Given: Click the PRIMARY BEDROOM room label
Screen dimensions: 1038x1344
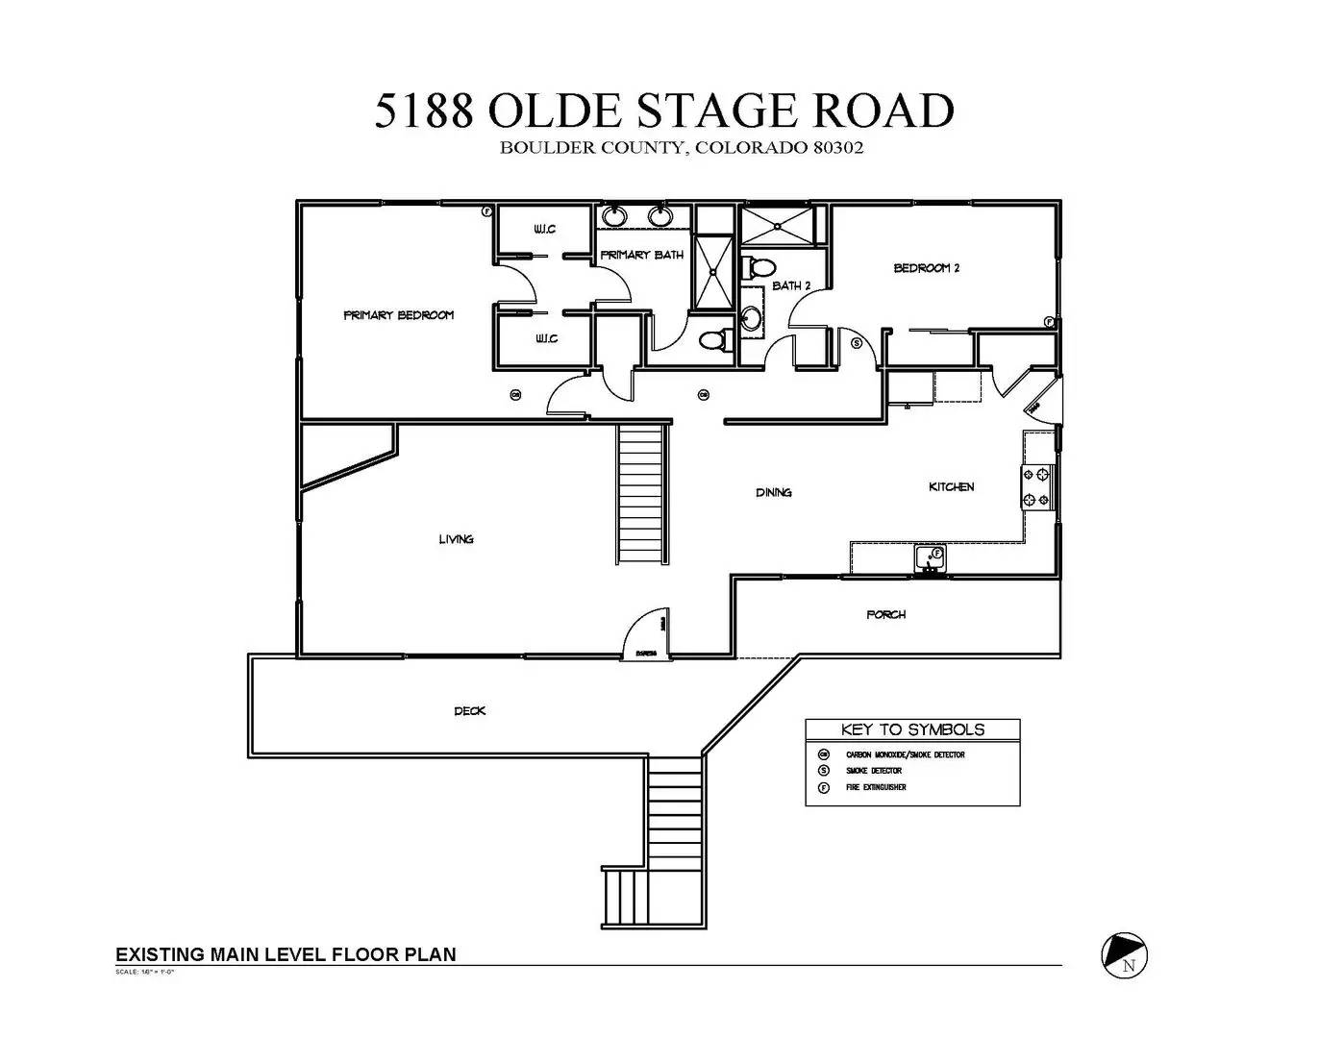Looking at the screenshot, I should (398, 315).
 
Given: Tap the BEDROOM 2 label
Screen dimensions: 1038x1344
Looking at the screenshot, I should (926, 268).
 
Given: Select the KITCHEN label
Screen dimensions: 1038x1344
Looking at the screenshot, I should (951, 487).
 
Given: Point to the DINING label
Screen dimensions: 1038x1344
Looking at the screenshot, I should (773, 493).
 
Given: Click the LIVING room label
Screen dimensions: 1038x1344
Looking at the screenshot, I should (456, 539).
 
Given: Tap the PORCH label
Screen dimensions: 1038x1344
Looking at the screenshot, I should (885, 614).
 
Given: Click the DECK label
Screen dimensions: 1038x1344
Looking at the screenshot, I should (469, 711).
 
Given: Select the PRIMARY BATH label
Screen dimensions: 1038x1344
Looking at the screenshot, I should (641, 256).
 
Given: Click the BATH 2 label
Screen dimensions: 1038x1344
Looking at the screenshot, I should (791, 286).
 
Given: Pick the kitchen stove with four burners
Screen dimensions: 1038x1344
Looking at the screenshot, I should (1037, 487).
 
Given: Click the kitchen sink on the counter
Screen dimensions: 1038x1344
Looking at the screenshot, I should (930, 556).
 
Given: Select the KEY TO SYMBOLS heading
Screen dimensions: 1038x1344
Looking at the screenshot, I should (911, 729).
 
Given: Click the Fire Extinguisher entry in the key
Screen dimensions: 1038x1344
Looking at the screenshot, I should (876, 787).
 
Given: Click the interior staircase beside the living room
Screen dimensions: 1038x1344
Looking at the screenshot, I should (640, 495).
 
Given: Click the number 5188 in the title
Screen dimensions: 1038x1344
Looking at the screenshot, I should (424, 111).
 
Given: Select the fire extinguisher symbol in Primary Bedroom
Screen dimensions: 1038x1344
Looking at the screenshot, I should (487, 210).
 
